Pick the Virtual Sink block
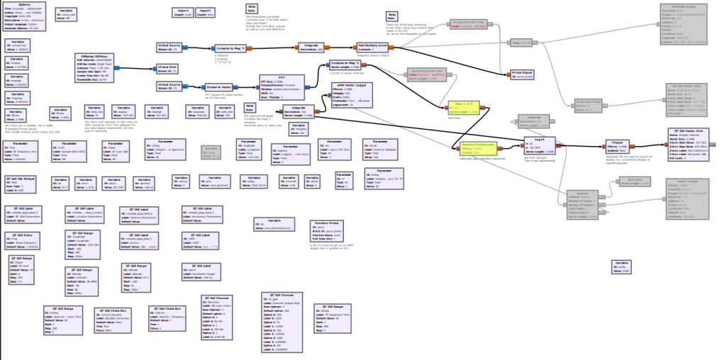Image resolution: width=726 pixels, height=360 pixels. (x=167, y=69)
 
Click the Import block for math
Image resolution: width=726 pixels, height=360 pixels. (x=182, y=13)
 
